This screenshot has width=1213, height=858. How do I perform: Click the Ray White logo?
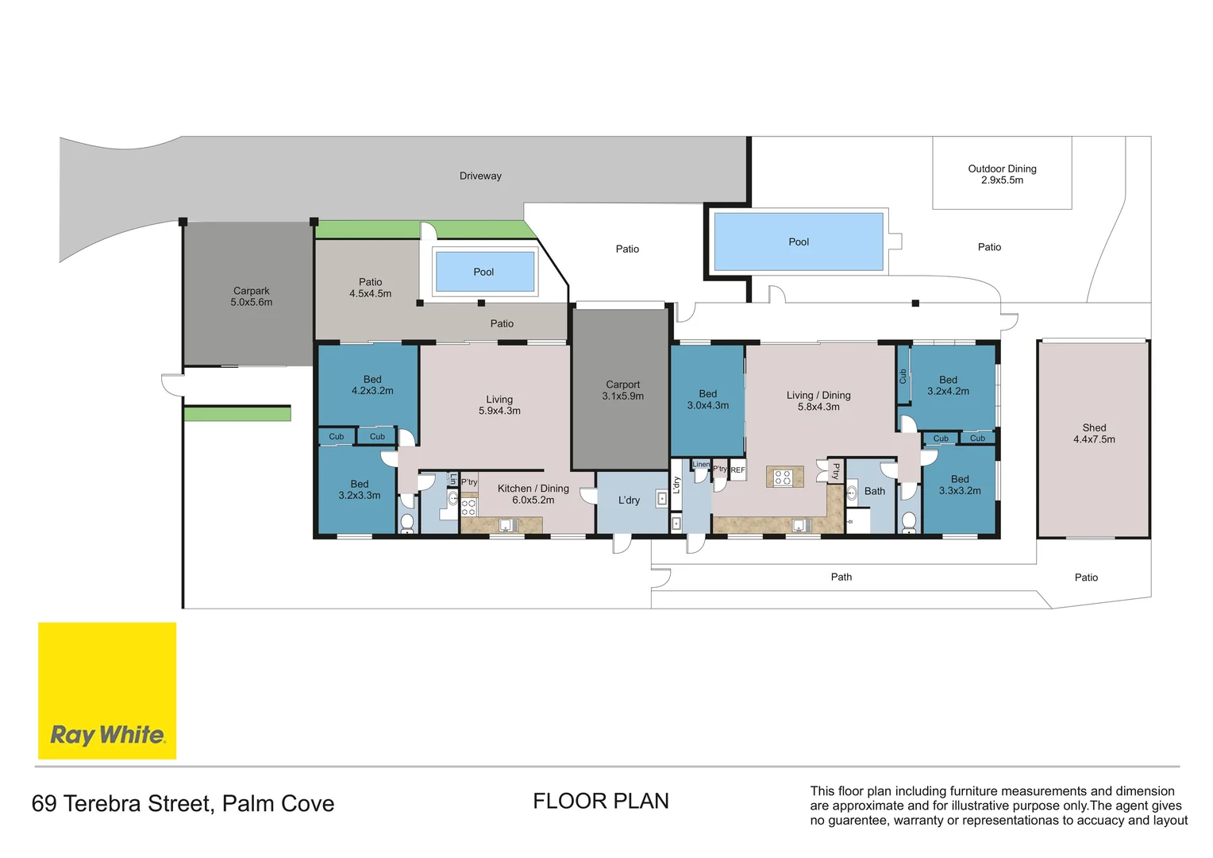click(x=107, y=690)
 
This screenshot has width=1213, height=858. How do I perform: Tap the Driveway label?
click(x=480, y=176)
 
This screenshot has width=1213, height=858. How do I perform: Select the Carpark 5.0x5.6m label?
click(x=252, y=296)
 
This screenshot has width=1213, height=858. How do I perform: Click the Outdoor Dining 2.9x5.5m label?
click(x=1002, y=174)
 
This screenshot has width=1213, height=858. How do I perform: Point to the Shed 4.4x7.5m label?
click(x=1094, y=433)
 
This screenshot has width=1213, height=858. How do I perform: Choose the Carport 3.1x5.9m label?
click(x=623, y=390)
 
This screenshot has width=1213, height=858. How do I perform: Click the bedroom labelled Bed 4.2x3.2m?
click(x=372, y=385)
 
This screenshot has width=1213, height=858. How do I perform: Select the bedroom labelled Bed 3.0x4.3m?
click(x=707, y=400)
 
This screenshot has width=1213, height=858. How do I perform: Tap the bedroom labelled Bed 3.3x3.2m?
click(x=960, y=485)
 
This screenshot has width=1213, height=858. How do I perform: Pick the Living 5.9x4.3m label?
click(x=499, y=405)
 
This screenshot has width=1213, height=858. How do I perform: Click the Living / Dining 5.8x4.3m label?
click(x=818, y=400)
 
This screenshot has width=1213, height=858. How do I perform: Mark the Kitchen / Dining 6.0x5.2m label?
click(x=533, y=494)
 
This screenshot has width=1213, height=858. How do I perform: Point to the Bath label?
click(x=875, y=491)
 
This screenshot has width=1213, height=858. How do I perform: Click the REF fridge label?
click(x=737, y=470)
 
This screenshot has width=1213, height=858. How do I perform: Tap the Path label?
click(x=841, y=577)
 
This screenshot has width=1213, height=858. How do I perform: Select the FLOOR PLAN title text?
click(x=601, y=801)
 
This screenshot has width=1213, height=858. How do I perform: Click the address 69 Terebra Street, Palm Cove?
click(x=183, y=803)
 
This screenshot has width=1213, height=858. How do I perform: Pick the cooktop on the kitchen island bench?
click(x=783, y=477)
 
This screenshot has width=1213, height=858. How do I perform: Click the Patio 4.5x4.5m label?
click(x=371, y=288)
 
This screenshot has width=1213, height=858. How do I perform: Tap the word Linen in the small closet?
click(x=701, y=465)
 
